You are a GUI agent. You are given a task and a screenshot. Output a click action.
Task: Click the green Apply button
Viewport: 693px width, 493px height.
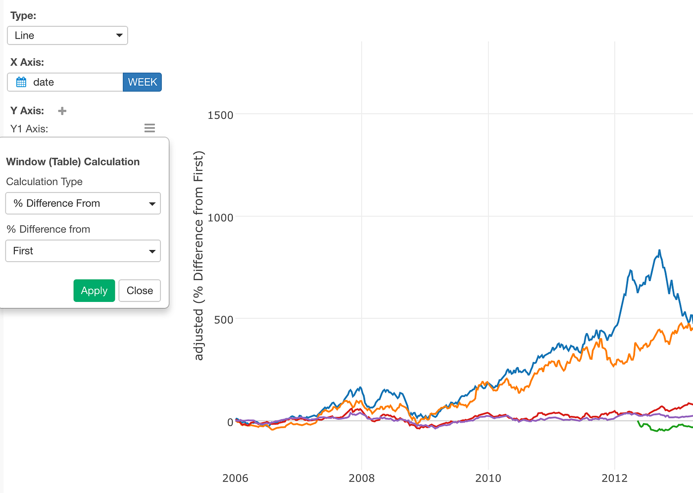point(94,291)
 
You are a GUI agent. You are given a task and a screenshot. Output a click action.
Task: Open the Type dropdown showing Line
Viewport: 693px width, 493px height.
point(67,36)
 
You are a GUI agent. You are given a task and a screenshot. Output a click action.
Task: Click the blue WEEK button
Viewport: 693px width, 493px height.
point(142,82)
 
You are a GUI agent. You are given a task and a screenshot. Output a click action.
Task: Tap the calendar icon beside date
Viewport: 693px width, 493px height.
point(21,82)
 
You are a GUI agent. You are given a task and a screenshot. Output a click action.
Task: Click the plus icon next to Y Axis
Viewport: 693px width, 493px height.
point(62,111)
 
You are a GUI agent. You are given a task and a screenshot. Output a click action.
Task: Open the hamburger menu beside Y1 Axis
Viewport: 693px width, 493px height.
point(149,128)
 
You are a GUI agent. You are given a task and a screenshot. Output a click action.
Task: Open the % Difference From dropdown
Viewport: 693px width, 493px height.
point(83,203)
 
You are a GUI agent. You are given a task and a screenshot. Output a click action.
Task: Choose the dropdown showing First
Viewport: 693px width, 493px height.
point(83,251)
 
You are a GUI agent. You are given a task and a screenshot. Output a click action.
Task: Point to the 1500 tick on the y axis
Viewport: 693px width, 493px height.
point(220,115)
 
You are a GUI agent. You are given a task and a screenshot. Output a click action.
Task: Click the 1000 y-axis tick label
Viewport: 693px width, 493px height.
point(220,218)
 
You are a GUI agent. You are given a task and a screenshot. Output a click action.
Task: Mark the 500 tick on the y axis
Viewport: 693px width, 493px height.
point(223,320)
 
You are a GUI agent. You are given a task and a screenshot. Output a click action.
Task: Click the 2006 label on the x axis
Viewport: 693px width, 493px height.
point(235,478)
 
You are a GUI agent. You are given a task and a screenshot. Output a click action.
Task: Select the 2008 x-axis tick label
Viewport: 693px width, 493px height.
point(361,478)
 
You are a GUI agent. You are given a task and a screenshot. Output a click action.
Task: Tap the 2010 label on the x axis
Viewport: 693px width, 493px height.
point(488,478)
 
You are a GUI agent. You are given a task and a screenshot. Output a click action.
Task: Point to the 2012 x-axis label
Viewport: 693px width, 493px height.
point(614,478)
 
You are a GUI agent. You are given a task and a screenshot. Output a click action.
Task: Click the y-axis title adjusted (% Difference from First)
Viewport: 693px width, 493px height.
point(198,255)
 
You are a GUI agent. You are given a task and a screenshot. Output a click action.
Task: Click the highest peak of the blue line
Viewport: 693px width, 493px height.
point(659,250)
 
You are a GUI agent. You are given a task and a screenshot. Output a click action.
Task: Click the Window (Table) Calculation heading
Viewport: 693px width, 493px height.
point(73,162)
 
